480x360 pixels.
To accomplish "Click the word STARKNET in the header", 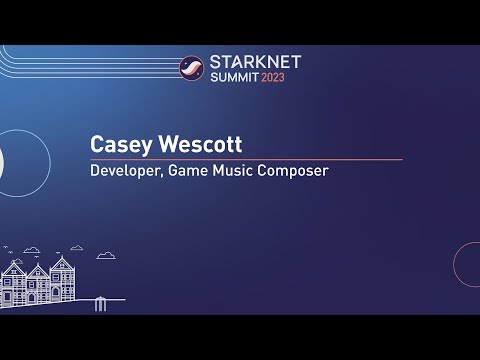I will point(255,62).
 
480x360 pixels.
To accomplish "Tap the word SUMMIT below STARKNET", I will point(232,77).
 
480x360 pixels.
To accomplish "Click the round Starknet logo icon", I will point(191,68).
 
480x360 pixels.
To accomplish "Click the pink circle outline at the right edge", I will point(467,264).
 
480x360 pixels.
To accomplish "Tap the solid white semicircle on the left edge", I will point(3,160).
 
